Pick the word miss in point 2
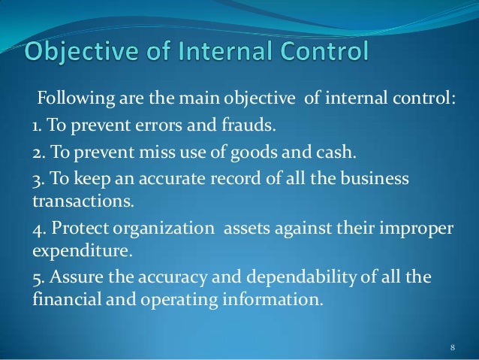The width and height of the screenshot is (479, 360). [x=149, y=154]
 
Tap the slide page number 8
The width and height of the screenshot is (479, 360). [x=452, y=346]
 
